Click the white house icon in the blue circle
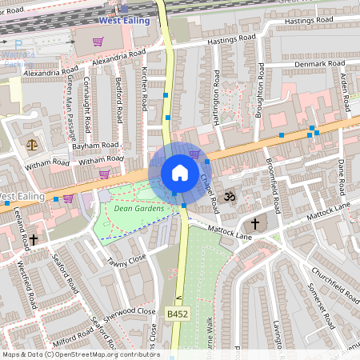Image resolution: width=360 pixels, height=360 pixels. pyautogui.click(x=180, y=173)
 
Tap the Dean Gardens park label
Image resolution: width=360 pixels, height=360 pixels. pyautogui.click(x=138, y=209)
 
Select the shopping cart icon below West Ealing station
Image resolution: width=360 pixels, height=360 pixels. pyautogui.click(x=98, y=42)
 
